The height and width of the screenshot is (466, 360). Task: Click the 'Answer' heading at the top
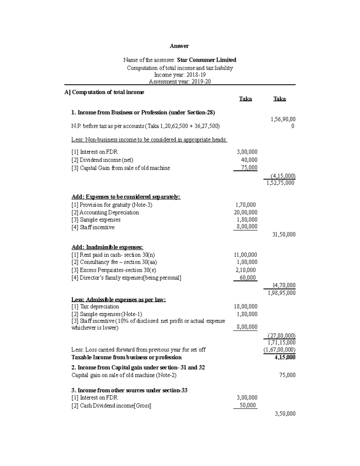tap(179, 46)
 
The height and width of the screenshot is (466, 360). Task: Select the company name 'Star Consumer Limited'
tap(206, 60)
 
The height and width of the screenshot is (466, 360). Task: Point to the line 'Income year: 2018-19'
tap(180, 75)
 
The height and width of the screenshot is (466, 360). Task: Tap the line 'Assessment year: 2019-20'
tap(180, 81)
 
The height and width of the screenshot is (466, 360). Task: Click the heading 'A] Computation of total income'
tap(104, 92)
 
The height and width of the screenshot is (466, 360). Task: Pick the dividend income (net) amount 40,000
tap(249, 160)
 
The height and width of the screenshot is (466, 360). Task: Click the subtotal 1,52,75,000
tap(280, 183)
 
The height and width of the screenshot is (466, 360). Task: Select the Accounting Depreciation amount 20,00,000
tap(245, 212)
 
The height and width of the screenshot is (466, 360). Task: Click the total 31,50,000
tap(283, 234)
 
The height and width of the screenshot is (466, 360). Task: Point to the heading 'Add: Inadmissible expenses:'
tap(107, 247)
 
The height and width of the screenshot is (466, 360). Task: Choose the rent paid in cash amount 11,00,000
tap(245, 255)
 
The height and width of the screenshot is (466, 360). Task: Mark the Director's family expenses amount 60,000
tap(248, 278)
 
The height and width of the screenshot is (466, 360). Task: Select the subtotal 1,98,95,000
tap(281, 293)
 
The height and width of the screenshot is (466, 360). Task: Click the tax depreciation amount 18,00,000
tap(245, 306)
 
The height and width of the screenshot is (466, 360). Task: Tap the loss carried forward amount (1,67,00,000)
tap(279, 350)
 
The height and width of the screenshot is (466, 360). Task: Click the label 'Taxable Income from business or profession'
tap(126, 357)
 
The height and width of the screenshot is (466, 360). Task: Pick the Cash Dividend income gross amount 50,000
tap(247, 405)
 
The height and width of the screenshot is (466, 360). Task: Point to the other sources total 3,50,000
tap(285, 414)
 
